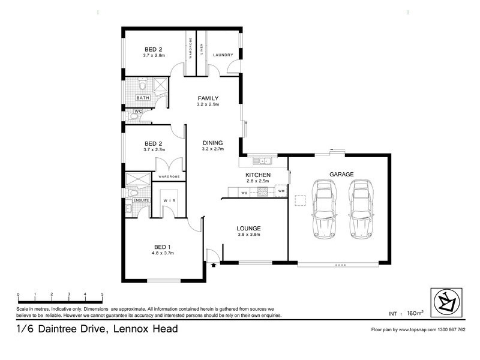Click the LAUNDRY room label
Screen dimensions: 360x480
pyautogui.click(x=223, y=55)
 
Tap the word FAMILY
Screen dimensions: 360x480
pyautogui.click(x=208, y=98)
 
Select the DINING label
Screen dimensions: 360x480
pyautogui.click(x=212, y=142)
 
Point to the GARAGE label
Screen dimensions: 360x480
pyautogui.click(x=341, y=175)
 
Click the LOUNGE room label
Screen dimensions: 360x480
pyautogui.click(x=248, y=228)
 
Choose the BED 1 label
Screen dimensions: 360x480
pyautogui.click(x=163, y=247)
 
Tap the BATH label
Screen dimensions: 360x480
pyautogui.click(x=142, y=98)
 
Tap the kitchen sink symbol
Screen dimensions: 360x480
pyautogui.click(x=262, y=161)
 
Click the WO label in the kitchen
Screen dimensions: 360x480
pyautogui.click(x=244, y=193)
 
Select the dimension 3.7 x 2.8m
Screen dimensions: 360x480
pyautogui.click(x=154, y=55)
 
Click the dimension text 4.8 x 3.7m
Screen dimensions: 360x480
pyautogui.click(x=163, y=253)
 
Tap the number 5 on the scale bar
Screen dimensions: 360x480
pyautogui.click(x=103, y=295)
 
